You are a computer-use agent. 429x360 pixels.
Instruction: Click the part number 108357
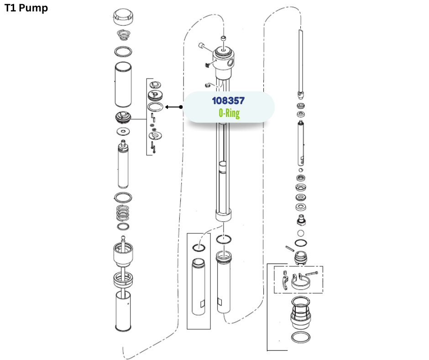click(x=228, y=101)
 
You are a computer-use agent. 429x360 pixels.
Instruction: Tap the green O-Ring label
click(x=229, y=113)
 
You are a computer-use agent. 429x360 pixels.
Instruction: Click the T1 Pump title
click(x=26, y=8)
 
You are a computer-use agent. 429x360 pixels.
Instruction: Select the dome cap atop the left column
click(x=123, y=16)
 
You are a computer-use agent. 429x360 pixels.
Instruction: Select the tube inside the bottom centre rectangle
click(x=199, y=286)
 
